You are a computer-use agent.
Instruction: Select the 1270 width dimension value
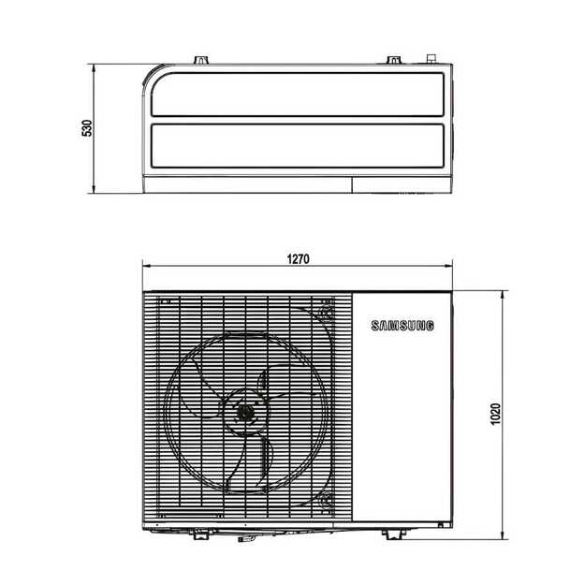298,257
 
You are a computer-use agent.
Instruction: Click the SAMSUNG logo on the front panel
403,327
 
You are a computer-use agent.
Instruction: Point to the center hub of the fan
246,411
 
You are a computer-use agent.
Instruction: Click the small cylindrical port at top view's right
432,58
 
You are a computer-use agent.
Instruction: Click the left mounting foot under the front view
199,534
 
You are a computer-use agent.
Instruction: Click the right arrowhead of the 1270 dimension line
451,265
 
